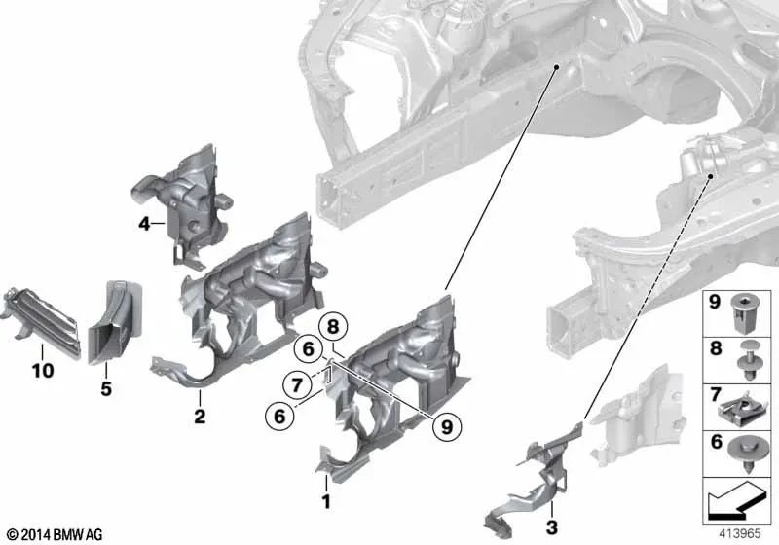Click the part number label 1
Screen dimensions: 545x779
pyautogui.click(x=327, y=502)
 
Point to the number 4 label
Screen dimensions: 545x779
pyautogui.click(x=144, y=225)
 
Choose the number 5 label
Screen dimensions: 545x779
pyautogui.click(x=105, y=389)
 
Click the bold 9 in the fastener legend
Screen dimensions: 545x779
pyautogui.click(x=714, y=304)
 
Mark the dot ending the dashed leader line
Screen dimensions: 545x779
pyautogui.click(x=713, y=176)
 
